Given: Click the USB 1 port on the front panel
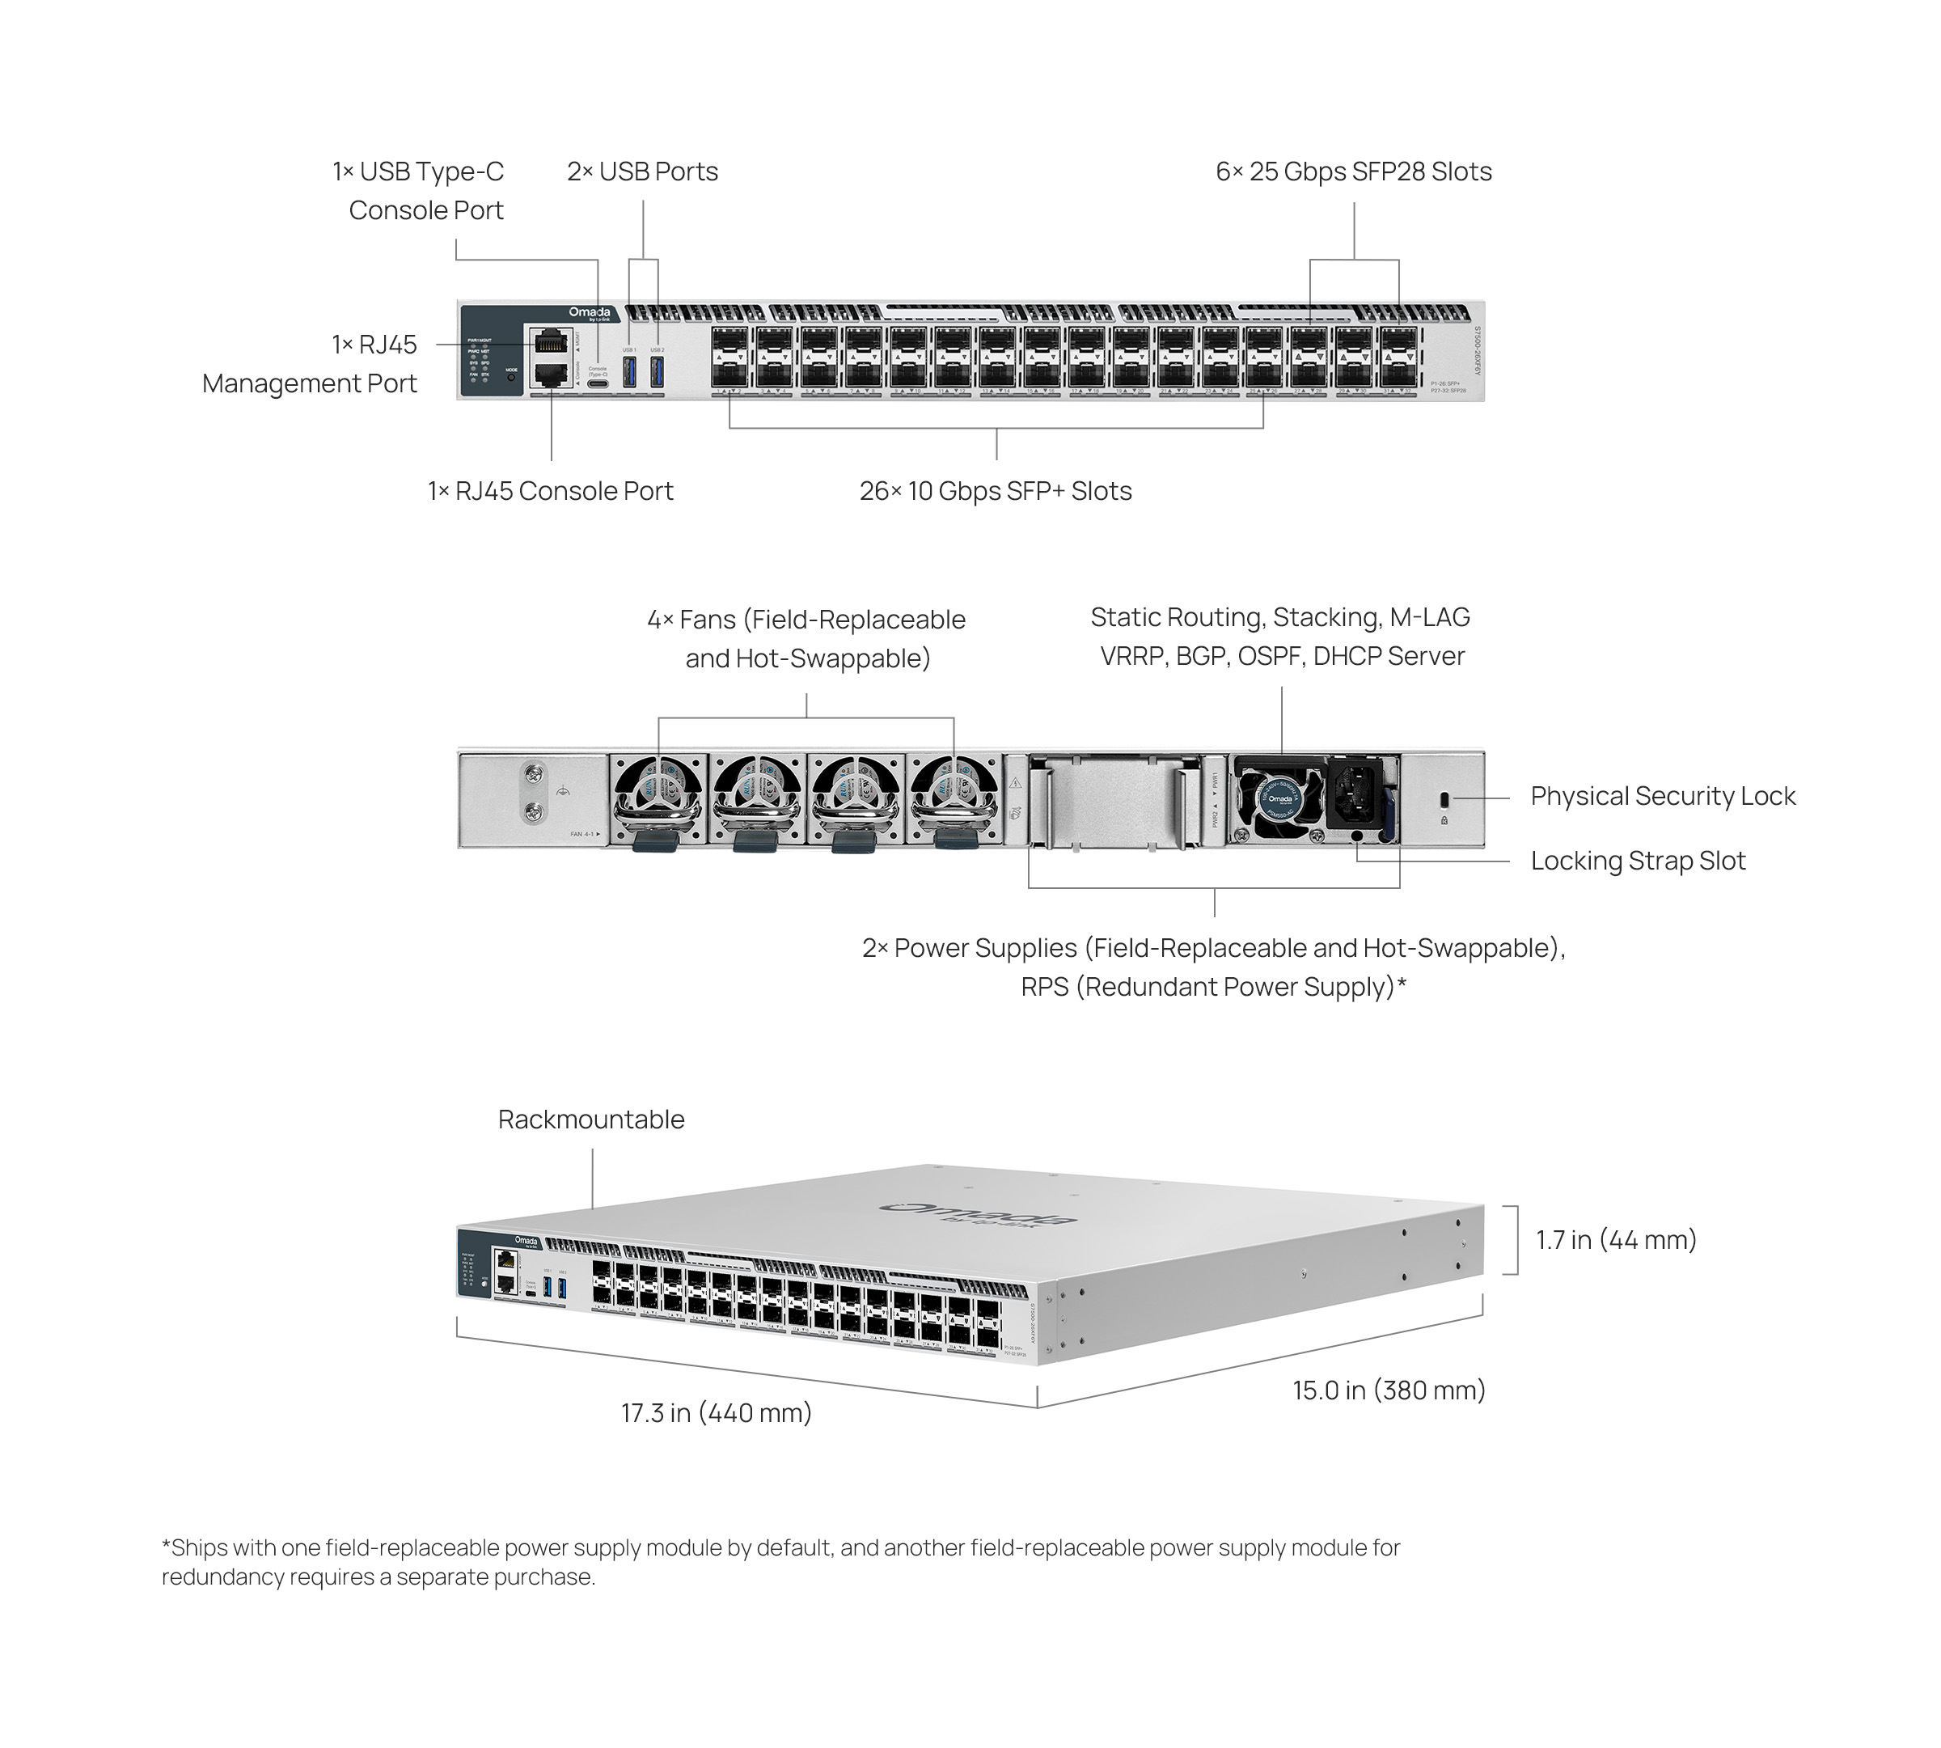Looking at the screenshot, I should click(x=630, y=373).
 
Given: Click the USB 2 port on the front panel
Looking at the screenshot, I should click(x=658, y=373).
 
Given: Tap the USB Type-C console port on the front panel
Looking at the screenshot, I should click(x=598, y=383).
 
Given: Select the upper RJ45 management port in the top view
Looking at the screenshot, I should click(x=549, y=341).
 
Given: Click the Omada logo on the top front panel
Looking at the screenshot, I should click(x=589, y=313).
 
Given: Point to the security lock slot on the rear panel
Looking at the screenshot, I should click(x=1444, y=799).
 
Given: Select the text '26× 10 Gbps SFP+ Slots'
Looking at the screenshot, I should click(x=995, y=491).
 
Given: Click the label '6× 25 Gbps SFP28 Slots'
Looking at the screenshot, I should click(x=1353, y=172).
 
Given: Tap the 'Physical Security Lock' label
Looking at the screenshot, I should click(x=1663, y=796).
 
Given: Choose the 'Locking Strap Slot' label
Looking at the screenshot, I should click(x=1638, y=861).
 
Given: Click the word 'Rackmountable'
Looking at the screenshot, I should click(x=590, y=1119).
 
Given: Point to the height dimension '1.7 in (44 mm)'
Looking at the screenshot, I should click(x=1615, y=1240).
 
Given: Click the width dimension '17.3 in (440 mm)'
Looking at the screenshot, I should click(x=717, y=1413).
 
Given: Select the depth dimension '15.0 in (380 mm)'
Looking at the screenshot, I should click(x=1389, y=1390).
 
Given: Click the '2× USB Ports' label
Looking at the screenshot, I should click(x=642, y=172).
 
